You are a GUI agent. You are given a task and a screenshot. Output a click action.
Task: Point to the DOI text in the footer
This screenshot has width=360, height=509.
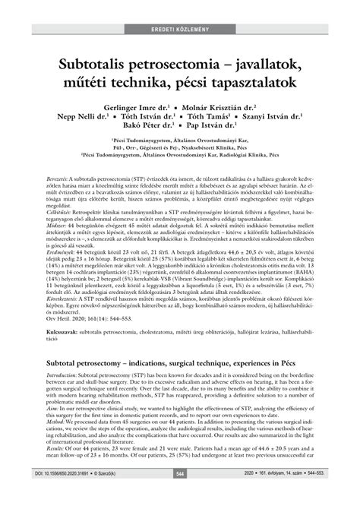50,495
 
